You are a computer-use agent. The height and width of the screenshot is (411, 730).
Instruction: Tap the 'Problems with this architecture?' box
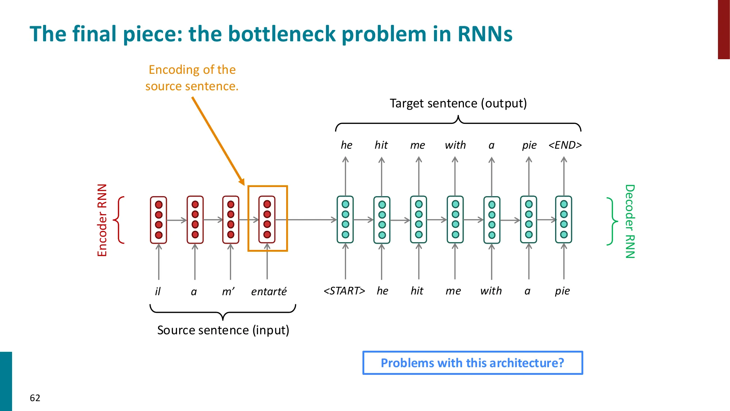pos(472,363)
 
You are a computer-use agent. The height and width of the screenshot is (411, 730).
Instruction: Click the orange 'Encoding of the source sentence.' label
pos(192,78)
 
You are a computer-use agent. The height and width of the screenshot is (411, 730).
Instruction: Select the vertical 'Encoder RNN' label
pos(102,220)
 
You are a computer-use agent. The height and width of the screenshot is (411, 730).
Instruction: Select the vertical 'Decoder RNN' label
pos(630,221)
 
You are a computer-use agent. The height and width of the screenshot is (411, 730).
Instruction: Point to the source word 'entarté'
pos(269,291)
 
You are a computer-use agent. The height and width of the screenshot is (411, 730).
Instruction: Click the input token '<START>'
pos(344,291)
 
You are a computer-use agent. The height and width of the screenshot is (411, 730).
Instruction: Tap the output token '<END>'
pos(565,145)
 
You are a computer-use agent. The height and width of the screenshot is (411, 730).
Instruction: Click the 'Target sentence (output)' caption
pos(458,103)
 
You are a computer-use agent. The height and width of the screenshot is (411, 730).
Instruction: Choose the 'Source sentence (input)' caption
pos(223,330)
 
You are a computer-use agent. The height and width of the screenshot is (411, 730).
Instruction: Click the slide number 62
pos(35,398)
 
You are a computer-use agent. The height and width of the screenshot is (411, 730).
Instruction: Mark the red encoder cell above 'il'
pos(158,220)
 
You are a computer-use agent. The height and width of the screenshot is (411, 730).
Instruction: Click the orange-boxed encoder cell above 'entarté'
pos(267,219)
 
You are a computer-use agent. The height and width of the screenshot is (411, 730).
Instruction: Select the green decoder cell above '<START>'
pos(345,220)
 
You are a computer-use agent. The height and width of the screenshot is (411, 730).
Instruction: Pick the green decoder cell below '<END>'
pos(564,220)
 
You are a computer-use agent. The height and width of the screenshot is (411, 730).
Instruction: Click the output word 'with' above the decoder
pos(455,145)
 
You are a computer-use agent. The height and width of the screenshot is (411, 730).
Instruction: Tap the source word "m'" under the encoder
pos(228,291)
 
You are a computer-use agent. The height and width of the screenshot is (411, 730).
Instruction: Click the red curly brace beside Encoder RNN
pos(119,220)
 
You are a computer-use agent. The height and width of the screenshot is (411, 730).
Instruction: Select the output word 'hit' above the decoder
pos(381,145)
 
